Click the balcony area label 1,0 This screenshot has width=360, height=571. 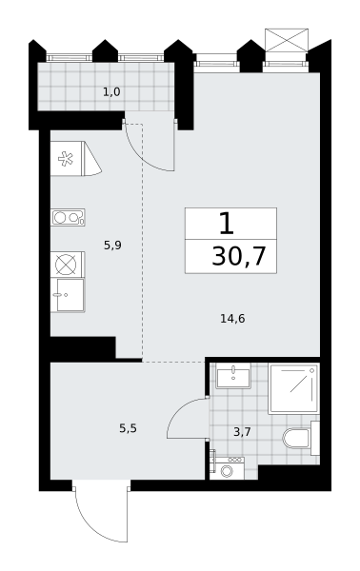pyautogui.click(x=111, y=92)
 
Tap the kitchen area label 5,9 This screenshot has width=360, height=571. pyautogui.click(x=112, y=246)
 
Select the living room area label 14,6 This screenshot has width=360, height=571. pyautogui.click(x=232, y=319)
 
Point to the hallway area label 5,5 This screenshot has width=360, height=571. pyautogui.click(x=128, y=428)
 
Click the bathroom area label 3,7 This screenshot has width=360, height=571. pyautogui.click(x=242, y=432)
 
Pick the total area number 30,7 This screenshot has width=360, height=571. pyautogui.click(x=239, y=256)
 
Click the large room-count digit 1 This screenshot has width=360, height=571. pyautogui.click(x=227, y=224)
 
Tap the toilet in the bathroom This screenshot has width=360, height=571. pyautogui.click(x=301, y=438)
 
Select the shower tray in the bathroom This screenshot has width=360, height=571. pyautogui.click(x=293, y=388)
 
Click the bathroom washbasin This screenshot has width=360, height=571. pyautogui.click(x=233, y=376)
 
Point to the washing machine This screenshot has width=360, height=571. pyautogui.click(x=227, y=468)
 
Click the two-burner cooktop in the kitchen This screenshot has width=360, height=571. pyautogui.click(x=68, y=217)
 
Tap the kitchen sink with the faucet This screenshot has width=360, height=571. pyautogui.click(x=68, y=295)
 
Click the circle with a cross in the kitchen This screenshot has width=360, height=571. pyautogui.click(x=66, y=264)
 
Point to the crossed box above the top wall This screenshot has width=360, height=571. pyautogui.click(x=287, y=40)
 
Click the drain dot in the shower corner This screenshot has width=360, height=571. pyautogui.click(x=311, y=370)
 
